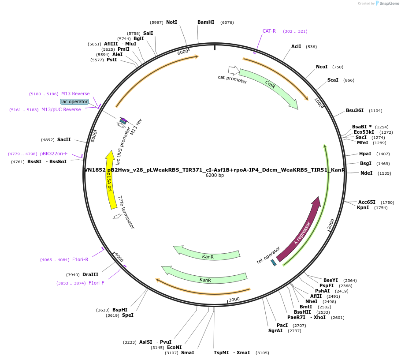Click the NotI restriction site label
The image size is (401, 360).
(x=171, y=22)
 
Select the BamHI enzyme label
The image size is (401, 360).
(x=206, y=22)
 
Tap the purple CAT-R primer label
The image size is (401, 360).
(x=269, y=31)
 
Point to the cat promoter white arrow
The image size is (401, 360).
(x=233, y=70)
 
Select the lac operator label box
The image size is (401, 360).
(x=74, y=101)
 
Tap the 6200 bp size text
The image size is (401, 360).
(x=215, y=176)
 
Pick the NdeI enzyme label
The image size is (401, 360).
(x=366, y=173)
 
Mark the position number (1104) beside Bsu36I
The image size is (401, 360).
(x=375, y=111)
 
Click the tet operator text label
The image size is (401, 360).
(x=268, y=255)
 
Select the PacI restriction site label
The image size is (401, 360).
(x=282, y=325)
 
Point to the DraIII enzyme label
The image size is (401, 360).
(x=90, y=274)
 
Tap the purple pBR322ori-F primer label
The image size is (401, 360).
(x=54, y=154)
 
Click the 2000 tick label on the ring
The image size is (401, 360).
(x=331, y=224)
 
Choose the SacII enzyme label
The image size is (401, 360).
(x=64, y=139)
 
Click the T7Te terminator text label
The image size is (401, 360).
(x=126, y=212)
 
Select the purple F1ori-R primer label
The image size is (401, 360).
(x=80, y=259)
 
